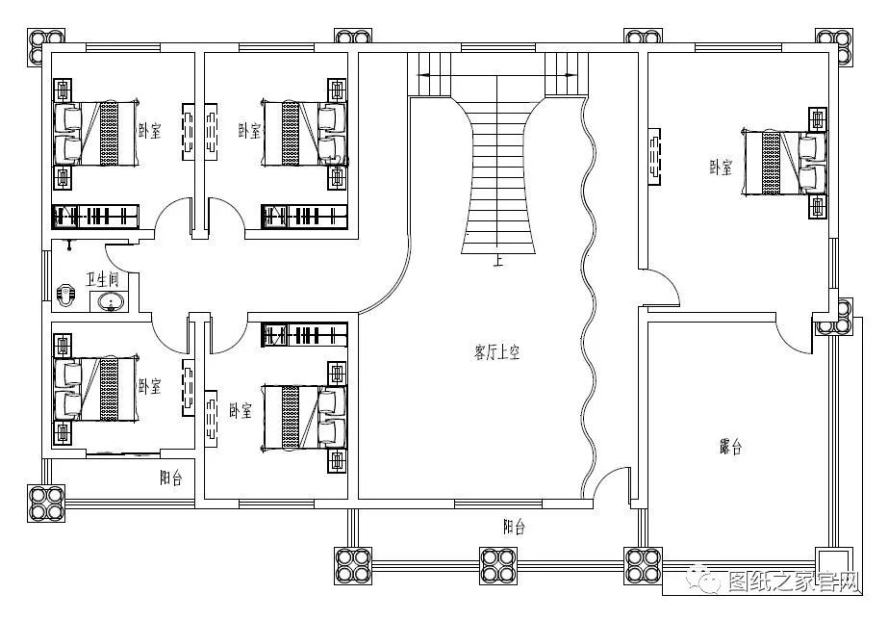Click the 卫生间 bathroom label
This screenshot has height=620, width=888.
point(103,280)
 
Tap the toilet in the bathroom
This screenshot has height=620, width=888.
point(65,296)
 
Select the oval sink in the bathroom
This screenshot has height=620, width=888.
point(111,302)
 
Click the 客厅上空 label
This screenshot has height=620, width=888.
point(496,352)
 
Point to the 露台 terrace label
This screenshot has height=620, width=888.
point(730,447)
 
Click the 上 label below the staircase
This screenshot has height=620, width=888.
point(497,261)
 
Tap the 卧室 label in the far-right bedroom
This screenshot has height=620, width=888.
point(721,168)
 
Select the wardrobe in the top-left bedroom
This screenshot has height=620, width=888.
point(95,217)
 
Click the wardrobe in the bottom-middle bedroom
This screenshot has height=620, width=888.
point(304,334)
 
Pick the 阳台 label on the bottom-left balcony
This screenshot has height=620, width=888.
point(171,478)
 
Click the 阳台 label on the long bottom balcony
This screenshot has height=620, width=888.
point(514,527)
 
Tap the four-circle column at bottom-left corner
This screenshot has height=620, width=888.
point(46,504)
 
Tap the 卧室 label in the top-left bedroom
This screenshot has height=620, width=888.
point(150,132)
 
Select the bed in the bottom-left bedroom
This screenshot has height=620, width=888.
point(95,389)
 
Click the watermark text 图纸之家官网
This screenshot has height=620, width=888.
point(794,581)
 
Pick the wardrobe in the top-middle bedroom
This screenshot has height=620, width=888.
point(304,217)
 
